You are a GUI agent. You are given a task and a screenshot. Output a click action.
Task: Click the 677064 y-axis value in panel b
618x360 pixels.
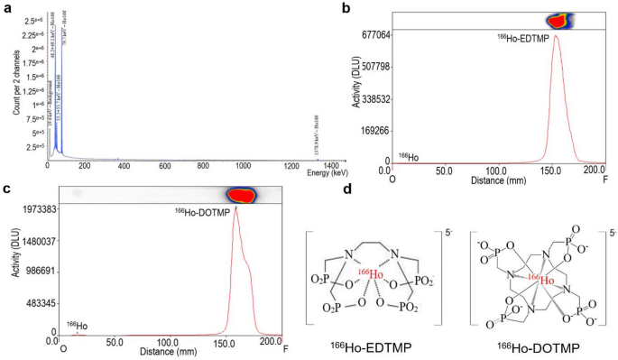tap(371, 34)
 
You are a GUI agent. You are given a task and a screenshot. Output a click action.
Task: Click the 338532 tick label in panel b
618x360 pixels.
tap(371, 98)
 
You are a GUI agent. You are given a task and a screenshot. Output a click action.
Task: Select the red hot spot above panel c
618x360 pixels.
tap(241, 194)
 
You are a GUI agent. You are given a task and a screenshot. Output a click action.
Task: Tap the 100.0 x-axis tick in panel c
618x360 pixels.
tap(167, 343)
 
